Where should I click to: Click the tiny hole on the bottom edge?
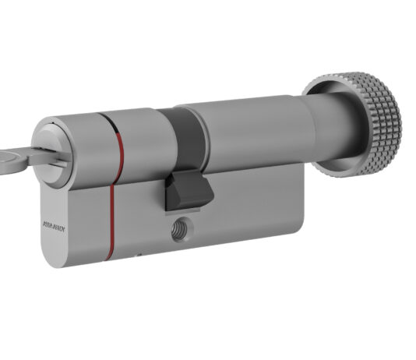click(x=139, y=254)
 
